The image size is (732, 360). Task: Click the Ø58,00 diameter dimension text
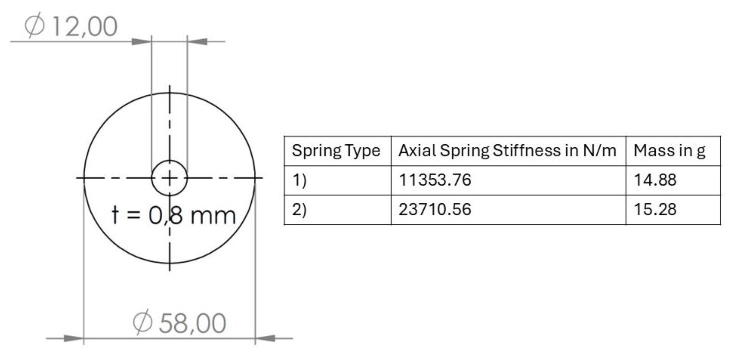179,323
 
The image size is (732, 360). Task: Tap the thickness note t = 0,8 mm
174,216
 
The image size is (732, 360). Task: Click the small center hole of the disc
169,178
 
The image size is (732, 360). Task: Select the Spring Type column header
335,151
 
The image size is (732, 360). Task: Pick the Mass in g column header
669,151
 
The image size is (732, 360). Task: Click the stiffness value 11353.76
435,180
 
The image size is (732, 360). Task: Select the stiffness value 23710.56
435,209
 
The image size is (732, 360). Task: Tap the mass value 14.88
655,180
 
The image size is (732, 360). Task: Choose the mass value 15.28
655,209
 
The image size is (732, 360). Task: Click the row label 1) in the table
299,180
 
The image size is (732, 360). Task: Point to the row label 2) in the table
299,209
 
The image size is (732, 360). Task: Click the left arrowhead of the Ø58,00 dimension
73,338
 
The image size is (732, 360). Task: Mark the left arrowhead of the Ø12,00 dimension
141,42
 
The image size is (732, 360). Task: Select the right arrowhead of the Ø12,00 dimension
198,42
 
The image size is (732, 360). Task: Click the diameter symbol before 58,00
143,322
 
